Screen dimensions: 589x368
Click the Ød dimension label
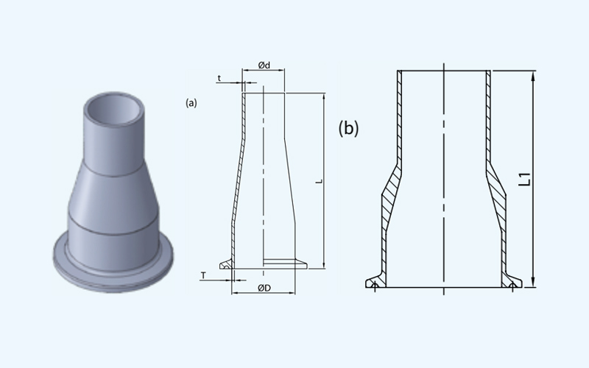(264, 65)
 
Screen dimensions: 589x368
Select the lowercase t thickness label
(219, 78)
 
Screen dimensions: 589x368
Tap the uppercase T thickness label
(203, 275)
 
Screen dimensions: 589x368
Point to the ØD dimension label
(264, 288)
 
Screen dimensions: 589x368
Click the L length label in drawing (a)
(320, 181)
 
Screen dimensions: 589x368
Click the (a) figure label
(191, 103)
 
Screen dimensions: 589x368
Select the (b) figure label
(348, 128)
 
